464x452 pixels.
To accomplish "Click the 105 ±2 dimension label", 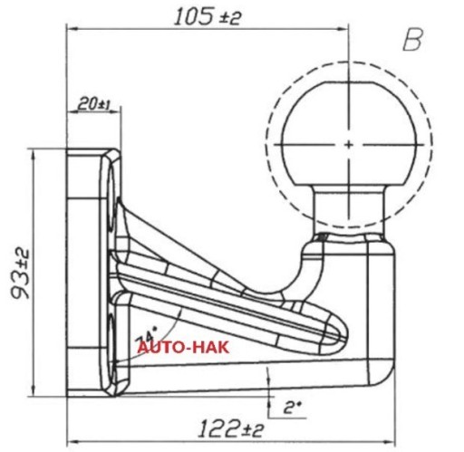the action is point(208,17).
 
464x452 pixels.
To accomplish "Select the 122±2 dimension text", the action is point(231,429).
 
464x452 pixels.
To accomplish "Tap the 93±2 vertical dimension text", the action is point(21,274).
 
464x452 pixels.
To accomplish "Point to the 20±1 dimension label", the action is point(94,104).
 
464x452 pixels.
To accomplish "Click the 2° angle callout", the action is point(292,408).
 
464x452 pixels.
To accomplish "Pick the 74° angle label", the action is point(147,334).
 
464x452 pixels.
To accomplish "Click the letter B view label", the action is point(412,40).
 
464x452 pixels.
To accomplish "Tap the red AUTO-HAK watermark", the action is point(183,348).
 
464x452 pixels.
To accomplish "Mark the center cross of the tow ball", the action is point(349,145).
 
